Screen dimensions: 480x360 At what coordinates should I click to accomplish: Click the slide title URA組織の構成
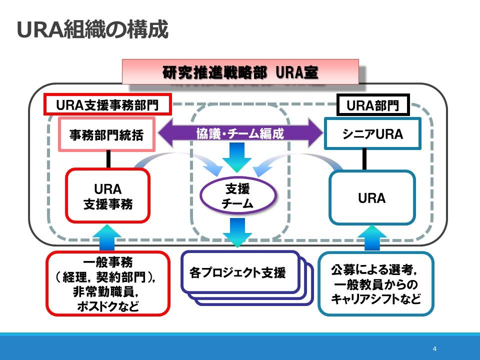(x=92, y=29)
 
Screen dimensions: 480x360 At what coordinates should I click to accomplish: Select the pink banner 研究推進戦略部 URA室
(x=240, y=72)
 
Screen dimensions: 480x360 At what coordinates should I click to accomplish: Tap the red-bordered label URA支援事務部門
(x=107, y=104)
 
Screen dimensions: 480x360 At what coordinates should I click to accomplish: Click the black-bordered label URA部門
(x=373, y=105)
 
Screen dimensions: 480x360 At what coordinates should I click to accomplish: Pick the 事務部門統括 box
(x=106, y=134)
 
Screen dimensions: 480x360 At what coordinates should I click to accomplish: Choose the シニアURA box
(x=372, y=134)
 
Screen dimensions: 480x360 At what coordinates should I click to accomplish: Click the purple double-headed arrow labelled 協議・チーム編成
(x=240, y=133)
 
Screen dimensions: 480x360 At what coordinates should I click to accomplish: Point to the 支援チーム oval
(x=238, y=195)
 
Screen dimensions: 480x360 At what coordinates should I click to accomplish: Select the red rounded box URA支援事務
(x=108, y=195)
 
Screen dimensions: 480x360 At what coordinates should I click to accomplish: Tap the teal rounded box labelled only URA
(x=372, y=198)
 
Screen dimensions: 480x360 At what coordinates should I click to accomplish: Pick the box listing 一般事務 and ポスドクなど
(x=108, y=283)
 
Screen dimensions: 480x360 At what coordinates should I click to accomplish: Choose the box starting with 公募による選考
(x=376, y=283)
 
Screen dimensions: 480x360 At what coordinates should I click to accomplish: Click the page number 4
(x=434, y=348)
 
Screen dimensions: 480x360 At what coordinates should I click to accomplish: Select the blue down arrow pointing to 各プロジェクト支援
(x=237, y=232)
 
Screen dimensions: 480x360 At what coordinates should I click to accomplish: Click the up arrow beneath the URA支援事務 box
(x=107, y=237)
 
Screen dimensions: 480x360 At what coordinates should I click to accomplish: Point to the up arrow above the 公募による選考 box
(x=372, y=238)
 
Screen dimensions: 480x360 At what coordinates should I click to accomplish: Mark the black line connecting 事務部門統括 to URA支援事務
(x=108, y=159)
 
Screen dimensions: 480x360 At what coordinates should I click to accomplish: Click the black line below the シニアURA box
(x=364, y=159)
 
